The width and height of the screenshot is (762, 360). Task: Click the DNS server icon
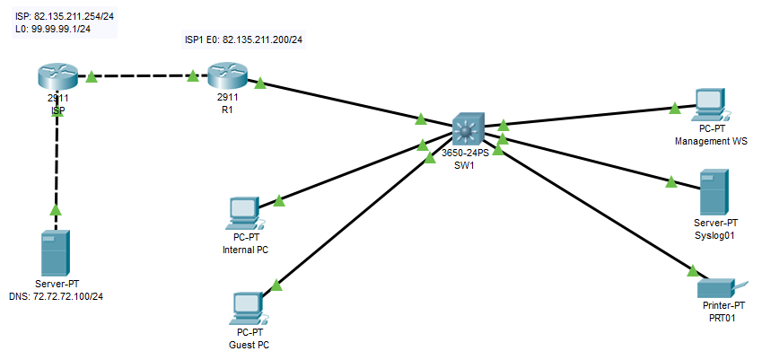click(57, 253)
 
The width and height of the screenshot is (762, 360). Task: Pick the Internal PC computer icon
click(244, 213)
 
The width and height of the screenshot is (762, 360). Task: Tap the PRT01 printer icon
click(715, 287)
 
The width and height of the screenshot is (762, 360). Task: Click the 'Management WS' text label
click(710, 141)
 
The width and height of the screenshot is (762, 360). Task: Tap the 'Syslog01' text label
click(715, 234)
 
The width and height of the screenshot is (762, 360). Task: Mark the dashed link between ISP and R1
click(144, 76)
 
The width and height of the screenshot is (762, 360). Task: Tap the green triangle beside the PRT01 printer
click(692, 269)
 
